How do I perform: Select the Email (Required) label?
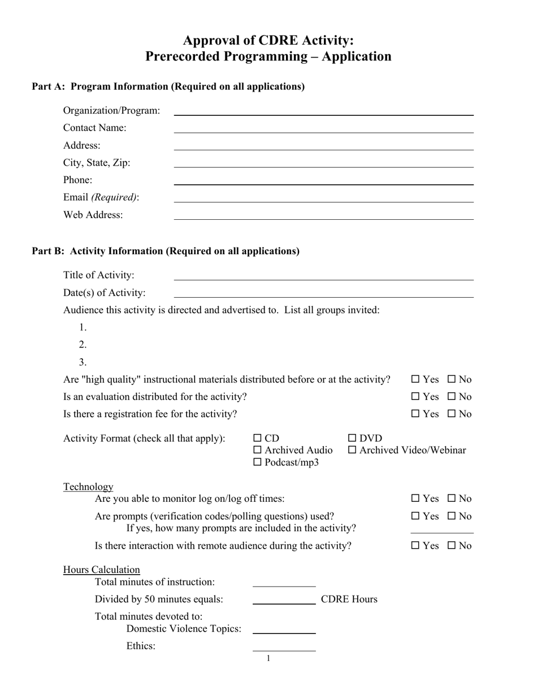point(101,197)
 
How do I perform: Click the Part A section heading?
point(168,86)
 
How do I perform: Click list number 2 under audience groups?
point(83,345)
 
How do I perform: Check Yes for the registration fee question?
point(415,414)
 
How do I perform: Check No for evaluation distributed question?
point(452,397)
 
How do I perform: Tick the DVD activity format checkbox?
point(352,438)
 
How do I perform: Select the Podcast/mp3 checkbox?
point(258,462)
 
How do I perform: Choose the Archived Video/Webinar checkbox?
point(352,450)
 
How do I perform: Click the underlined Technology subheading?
point(88,486)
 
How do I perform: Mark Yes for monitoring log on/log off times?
point(415,499)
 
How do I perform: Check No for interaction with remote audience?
point(452,546)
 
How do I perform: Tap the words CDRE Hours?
point(349,600)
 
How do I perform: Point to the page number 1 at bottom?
point(268,658)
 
